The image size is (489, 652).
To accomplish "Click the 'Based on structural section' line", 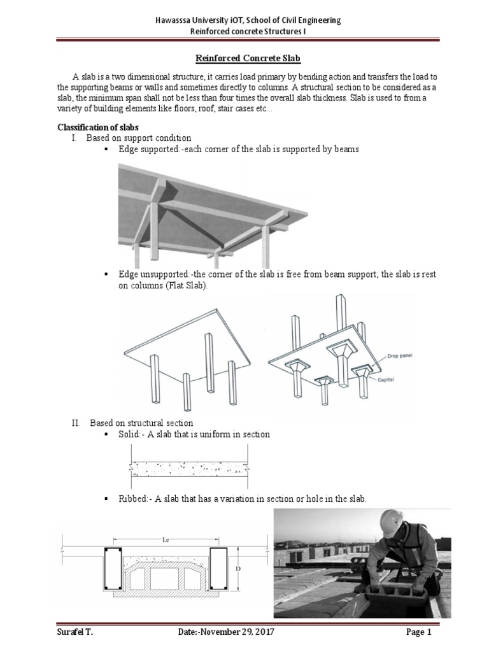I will pyautogui.click(x=141, y=423).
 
